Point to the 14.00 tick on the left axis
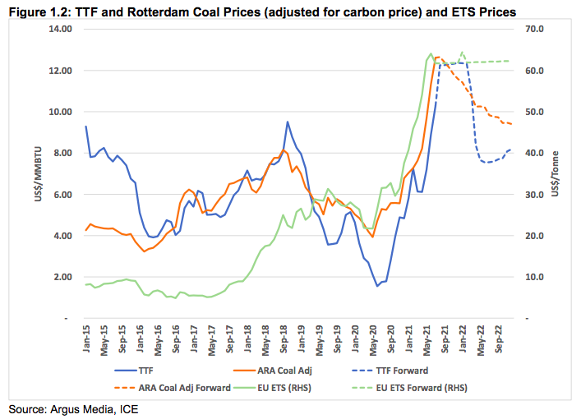tap(60, 29)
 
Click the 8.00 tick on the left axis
tap(62, 153)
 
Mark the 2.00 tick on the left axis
tap(62, 277)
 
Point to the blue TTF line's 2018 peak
tap(287, 122)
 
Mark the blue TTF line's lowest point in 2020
tap(377, 286)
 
